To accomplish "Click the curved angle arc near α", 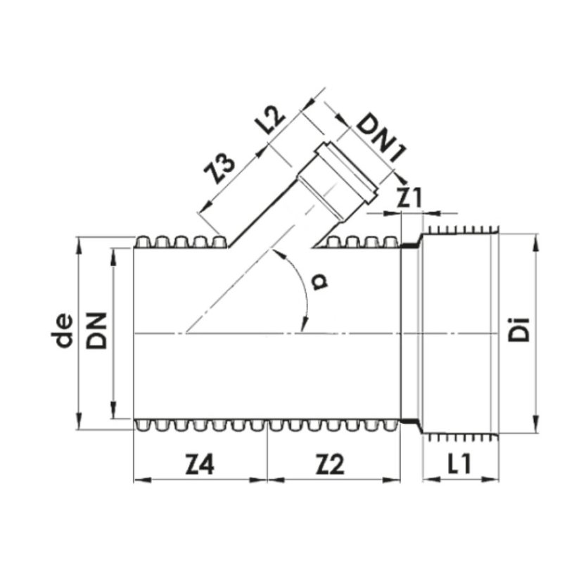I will pyautogui.click(x=304, y=288).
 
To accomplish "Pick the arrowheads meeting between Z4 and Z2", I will pyautogui.click(x=267, y=480).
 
